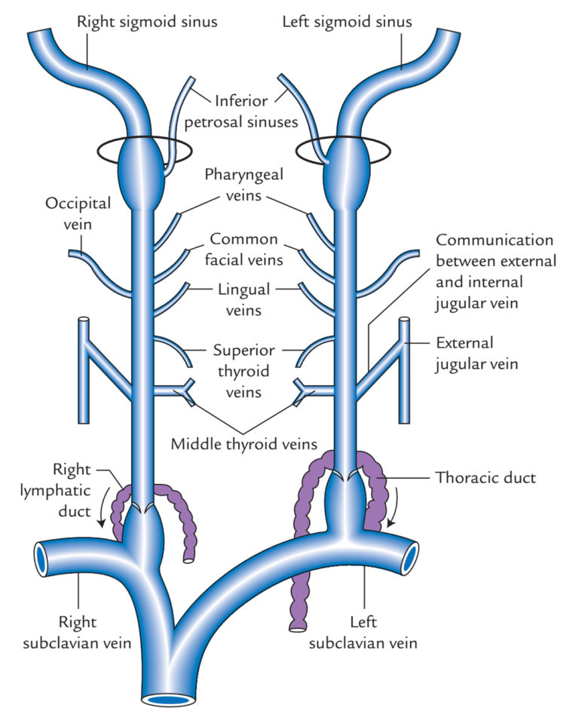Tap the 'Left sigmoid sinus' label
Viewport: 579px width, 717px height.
[347, 21]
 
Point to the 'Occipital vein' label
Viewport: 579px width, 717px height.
[78, 213]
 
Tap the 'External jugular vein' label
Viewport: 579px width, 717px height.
[475, 353]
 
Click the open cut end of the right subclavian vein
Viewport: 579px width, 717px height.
[41, 558]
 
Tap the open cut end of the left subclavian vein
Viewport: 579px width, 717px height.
[411, 559]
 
